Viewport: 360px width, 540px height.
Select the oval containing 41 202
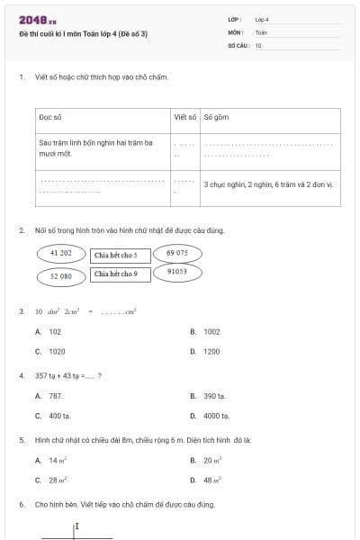[60, 254]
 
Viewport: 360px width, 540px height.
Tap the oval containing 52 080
[60, 276]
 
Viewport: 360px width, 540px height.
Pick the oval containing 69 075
[176, 254]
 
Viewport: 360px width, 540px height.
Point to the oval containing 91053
[176, 271]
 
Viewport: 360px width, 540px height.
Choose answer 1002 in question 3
[211, 331]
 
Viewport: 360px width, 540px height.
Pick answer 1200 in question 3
[211, 352]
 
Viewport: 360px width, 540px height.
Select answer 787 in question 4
[56, 395]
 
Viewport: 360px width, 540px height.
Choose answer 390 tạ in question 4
[214, 395]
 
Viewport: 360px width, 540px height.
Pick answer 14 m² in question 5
[58, 460]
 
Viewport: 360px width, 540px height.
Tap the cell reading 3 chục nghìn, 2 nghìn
[268, 184]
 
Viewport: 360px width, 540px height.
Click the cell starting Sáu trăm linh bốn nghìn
[96, 148]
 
